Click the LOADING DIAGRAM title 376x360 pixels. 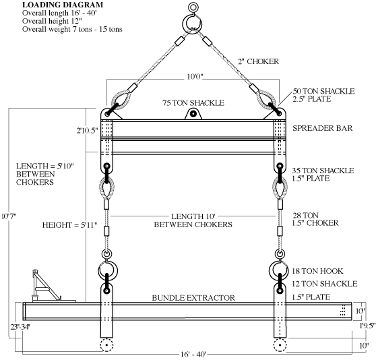pyautogui.click(x=63, y=5)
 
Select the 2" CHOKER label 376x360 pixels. pyautogui.click(x=259, y=61)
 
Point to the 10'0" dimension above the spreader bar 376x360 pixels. pyautogui.click(x=195, y=77)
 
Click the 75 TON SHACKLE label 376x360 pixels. pyautogui.click(x=193, y=103)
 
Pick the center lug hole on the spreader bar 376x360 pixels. pyautogui.click(x=193, y=114)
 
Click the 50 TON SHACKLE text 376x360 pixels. pyautogui.click(x=323, y=91)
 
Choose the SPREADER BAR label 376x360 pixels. pyautogui.click(x=323, y=128)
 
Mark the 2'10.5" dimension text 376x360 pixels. pyautogui.click(x=88, y=131)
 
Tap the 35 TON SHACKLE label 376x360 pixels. pyautogui.click(x=323, y=171)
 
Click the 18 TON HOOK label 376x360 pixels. pyautogui.click(x=317, y=271)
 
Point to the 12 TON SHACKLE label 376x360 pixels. pyautogui.click(x=325, y=284)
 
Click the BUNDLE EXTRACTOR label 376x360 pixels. pyautogui.click(x=193, y=298)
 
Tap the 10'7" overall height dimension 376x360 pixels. pyautogui.click(x=9, y=216)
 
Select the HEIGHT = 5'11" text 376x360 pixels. pyautogui.click(x=70, y=225)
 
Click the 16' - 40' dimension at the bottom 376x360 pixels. pyautogui.click(x=193, y=354)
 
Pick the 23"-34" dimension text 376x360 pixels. pyautogui.click(x=20, y=327)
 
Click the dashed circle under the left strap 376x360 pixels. pyautogui.click(x=106, y=345)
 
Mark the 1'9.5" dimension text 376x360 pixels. pyautogui.click(x=367, y=326)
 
